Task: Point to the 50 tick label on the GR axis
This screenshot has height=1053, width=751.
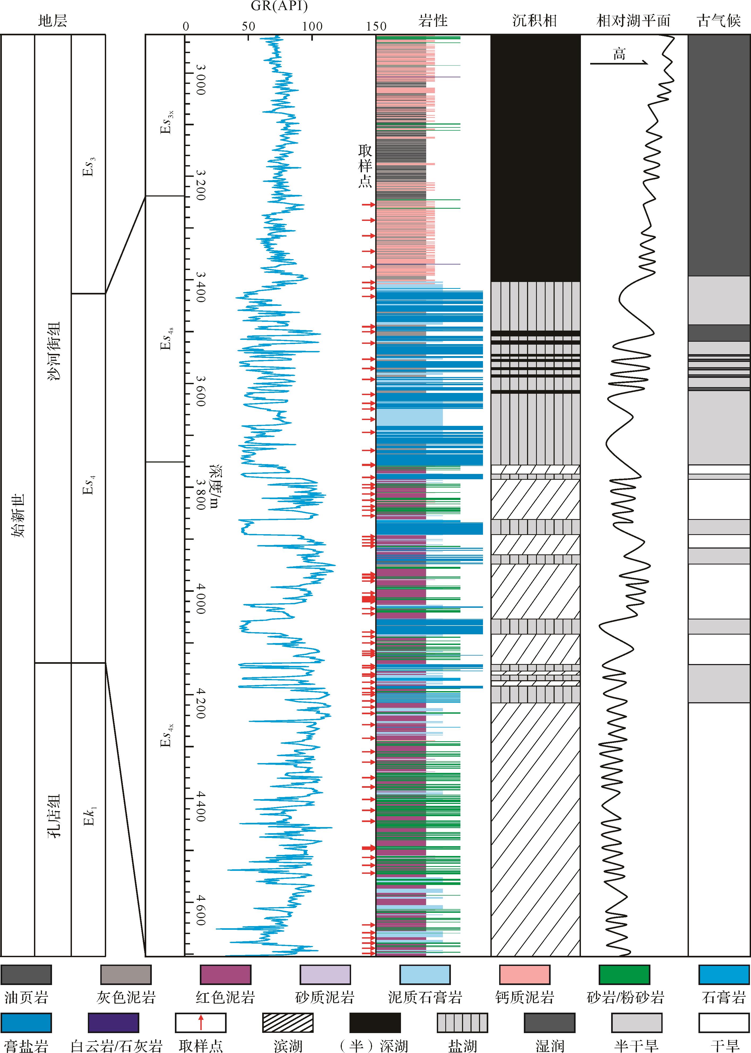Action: tap(248, 26)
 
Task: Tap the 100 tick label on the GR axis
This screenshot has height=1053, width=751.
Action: tap(312, 26)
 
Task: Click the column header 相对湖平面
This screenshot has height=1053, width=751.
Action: tap(633, 21)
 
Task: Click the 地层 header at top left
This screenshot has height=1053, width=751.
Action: tap(53, 21)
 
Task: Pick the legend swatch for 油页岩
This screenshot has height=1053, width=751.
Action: tap(26, 975)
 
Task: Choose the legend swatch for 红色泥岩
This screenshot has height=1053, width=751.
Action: tap(225, 975)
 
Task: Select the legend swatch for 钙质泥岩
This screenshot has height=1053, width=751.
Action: tap(524, 975)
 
